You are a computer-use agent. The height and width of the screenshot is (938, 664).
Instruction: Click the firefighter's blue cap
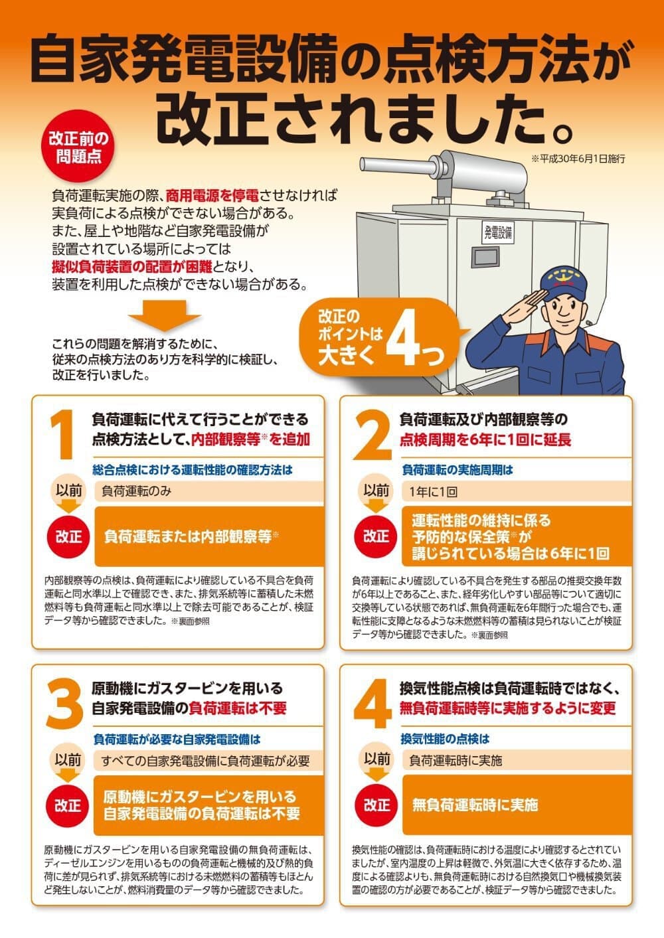[x=563, y=280]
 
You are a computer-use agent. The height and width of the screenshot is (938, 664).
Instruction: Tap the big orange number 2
[x=372, y=435]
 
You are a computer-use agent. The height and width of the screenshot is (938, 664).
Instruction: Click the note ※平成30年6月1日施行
[x=578, y=159]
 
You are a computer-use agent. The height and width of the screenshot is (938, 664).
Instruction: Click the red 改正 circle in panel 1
[x=68, y=537]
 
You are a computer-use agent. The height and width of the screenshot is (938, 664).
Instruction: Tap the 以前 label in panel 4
[x=376, y=759]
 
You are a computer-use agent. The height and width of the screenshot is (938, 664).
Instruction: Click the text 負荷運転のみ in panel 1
[x=137, y=491]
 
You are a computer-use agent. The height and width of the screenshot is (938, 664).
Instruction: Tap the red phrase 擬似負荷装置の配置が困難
[x=132, y=267]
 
